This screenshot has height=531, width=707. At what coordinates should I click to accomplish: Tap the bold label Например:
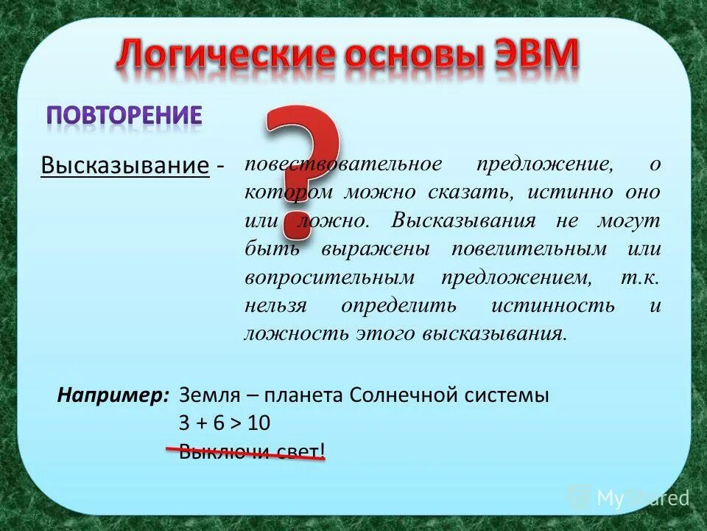(x=114, y=395)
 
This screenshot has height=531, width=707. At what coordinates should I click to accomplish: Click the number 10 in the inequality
(x=258, y=423)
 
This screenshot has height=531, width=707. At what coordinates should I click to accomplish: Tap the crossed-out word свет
(x=300, y=451)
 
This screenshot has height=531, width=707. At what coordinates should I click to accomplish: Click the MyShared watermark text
(x=643, y=499)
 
